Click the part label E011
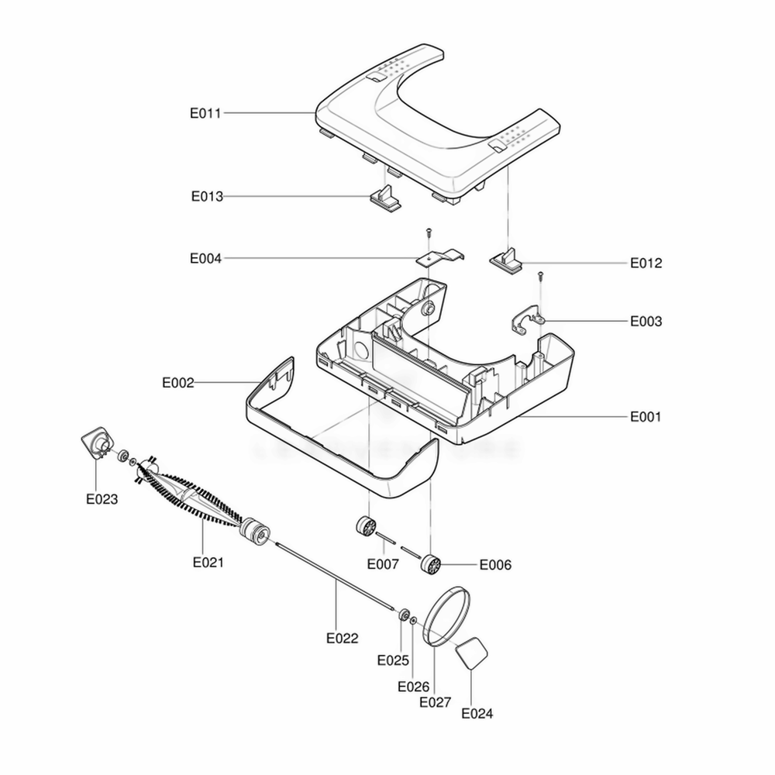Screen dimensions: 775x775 coord(205,113)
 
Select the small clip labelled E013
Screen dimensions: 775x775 coord(386,198)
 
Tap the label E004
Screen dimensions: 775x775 coord(205,259)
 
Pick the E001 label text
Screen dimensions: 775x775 coord(646,417)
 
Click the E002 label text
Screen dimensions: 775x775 coord(178,383)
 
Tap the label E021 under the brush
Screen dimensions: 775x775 coord(208,563)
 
